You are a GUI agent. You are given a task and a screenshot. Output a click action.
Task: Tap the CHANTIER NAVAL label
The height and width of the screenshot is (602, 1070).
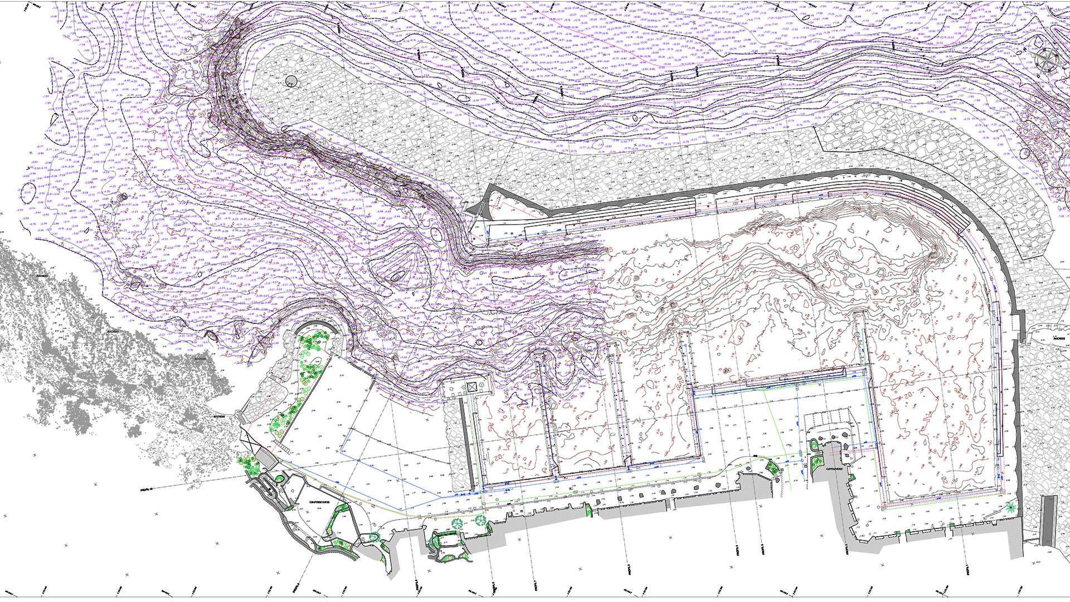pyautogui.click(x=320, y=502)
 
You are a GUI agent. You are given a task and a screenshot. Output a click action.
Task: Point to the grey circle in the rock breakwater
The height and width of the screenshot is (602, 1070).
pyautogui.click(x=291, y=81)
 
